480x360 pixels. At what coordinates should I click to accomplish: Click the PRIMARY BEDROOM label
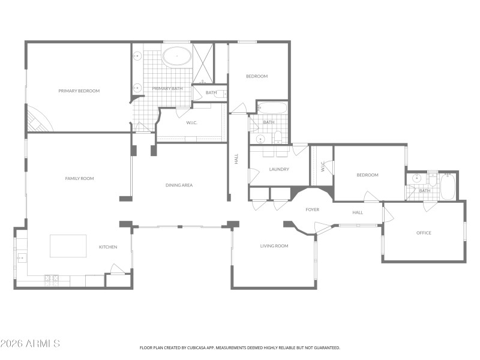(x=79, y=91)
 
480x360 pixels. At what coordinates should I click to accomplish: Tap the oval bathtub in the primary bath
(x=177, y=59)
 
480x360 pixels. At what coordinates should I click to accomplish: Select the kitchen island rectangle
(x=68, y=245)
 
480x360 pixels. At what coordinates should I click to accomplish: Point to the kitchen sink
(x=21, y=258)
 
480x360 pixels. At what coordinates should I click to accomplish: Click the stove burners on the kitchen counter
(x=52, y=278)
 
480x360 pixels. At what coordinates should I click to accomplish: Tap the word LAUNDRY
(x=279, y=169)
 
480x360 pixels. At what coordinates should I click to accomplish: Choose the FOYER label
(x=312, y=209)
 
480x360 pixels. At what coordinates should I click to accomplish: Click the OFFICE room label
(x=424, y=233)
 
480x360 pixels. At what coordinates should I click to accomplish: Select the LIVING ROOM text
(x=274, y=246)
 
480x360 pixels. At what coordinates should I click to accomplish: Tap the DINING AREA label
(x=179, y=185)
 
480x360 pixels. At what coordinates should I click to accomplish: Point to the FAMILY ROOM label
(x=79, y=178)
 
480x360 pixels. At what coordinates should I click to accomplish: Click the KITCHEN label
(x=108, y=247)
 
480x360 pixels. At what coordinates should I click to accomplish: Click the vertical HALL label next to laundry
(x=236, y=160)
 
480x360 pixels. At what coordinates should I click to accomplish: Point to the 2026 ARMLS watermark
(x=30, y=344)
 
